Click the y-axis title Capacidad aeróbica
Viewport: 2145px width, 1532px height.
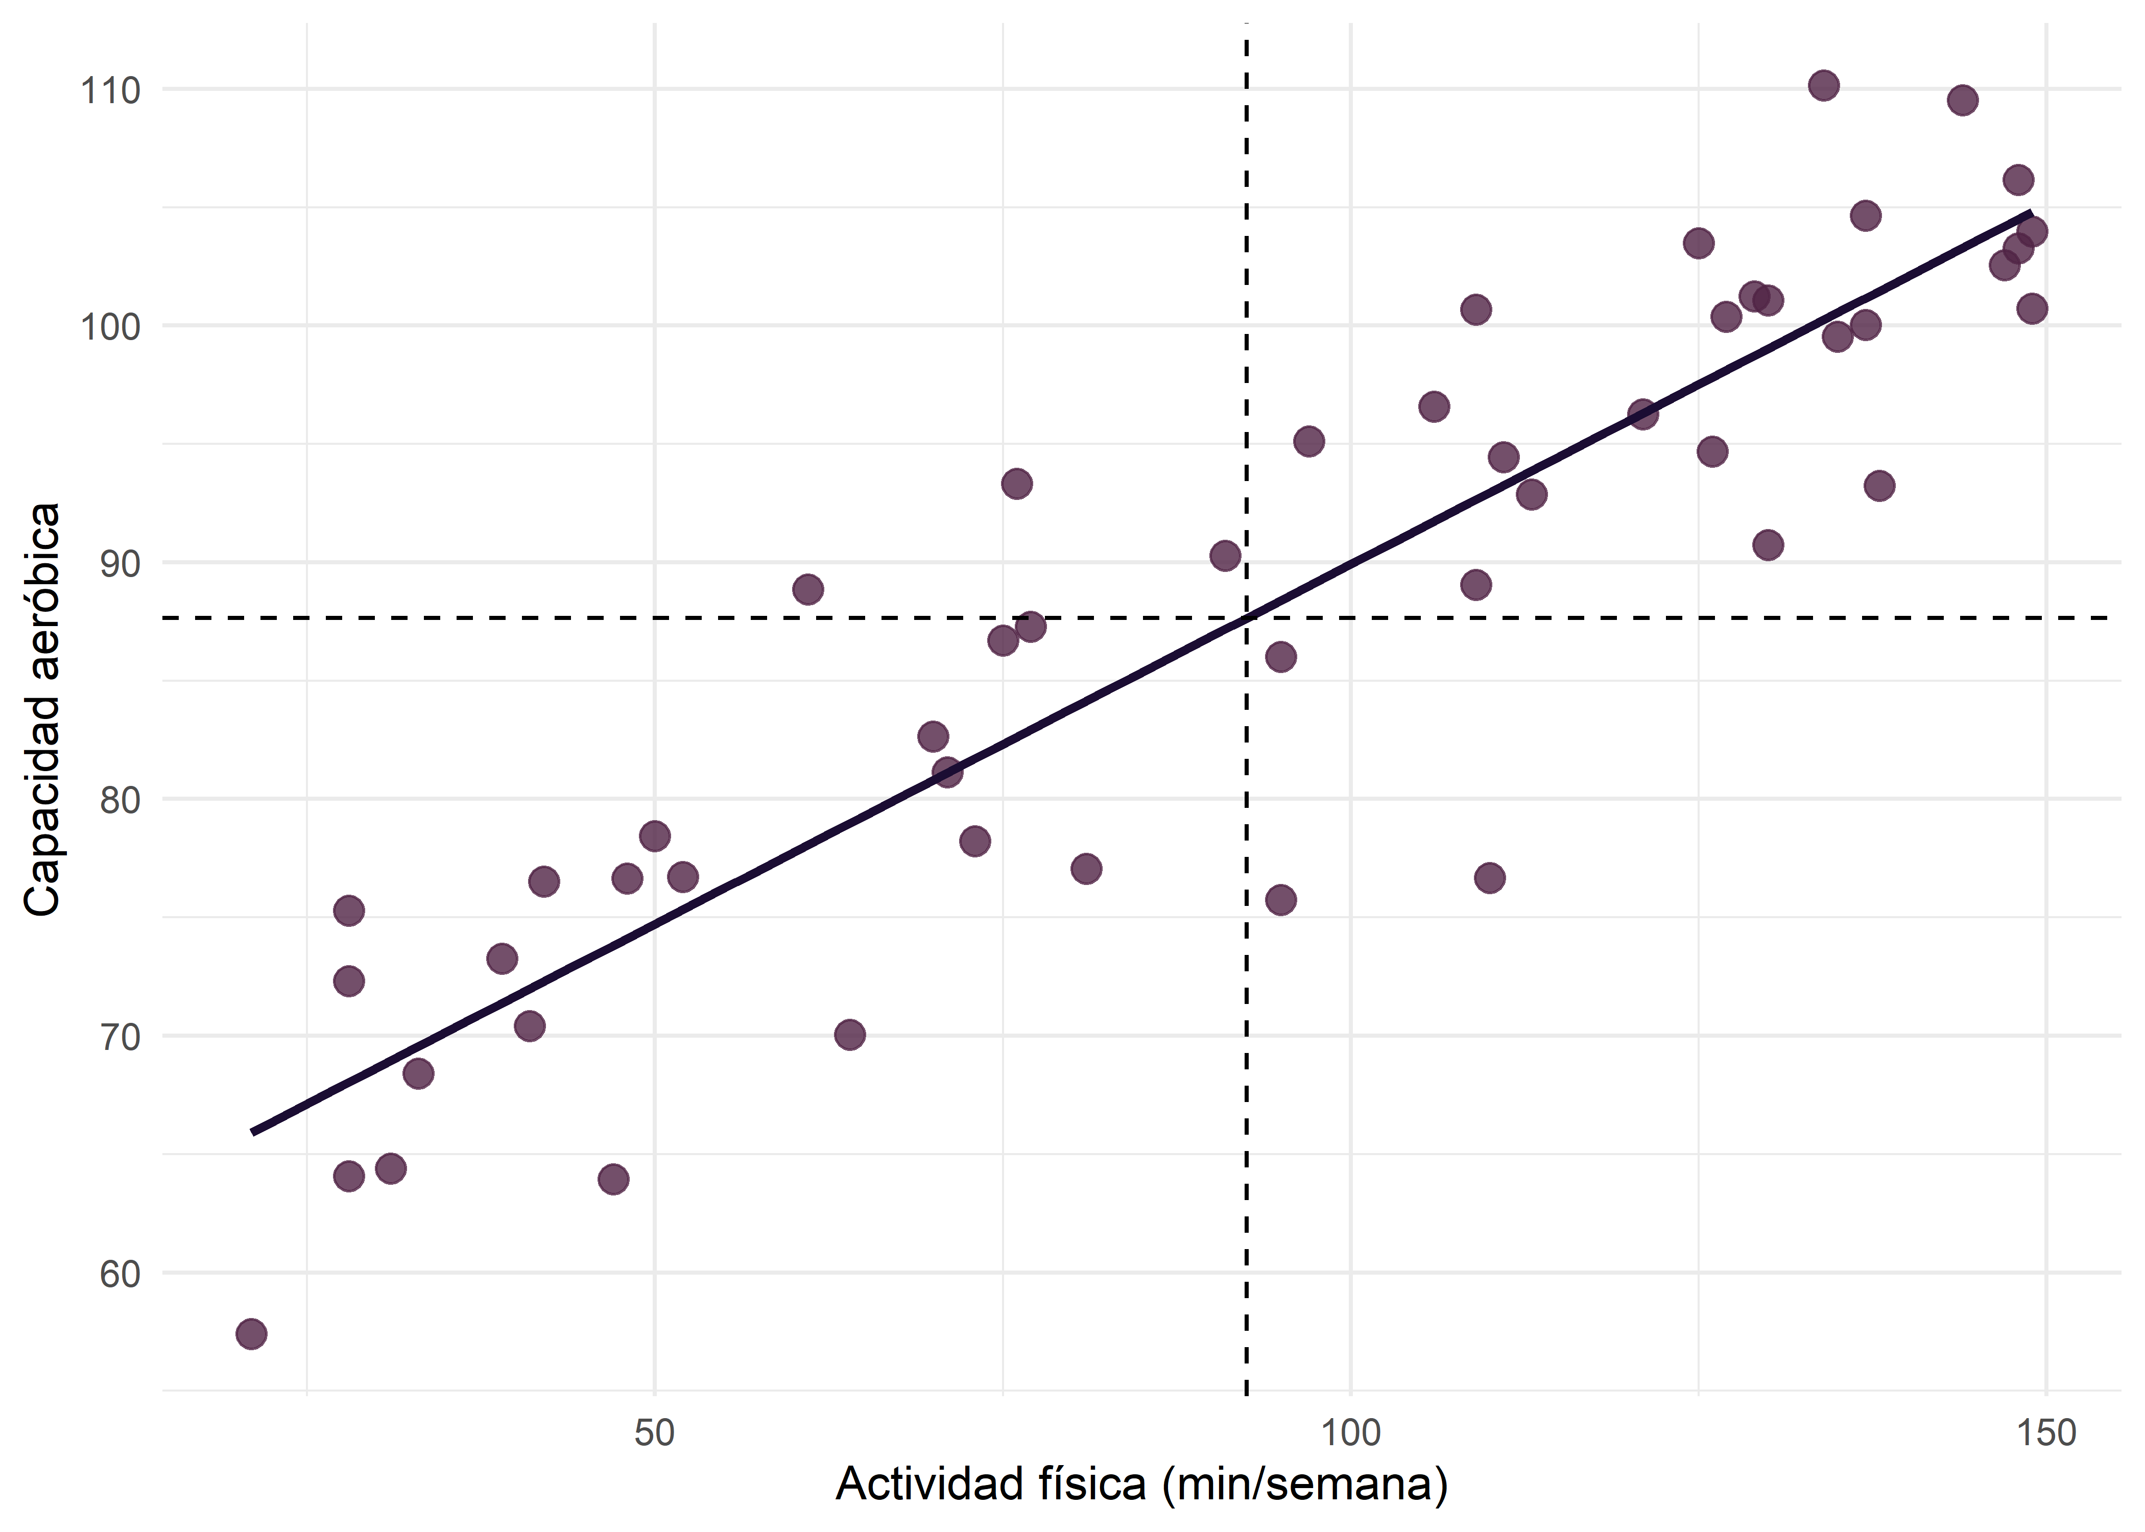pyautogui.click(x=42, y=709)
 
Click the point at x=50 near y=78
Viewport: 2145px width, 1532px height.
pyautogui.click(x=655, y=836)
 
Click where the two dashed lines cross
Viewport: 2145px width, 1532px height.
pyautogui.click(x=1247, y=618)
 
